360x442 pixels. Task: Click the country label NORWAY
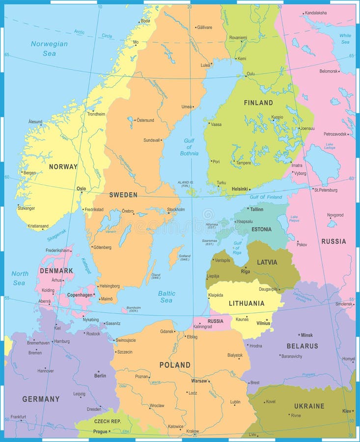tap(63, 166)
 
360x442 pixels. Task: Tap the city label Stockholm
tap(176, 210)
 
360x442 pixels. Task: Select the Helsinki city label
tap(240, 189)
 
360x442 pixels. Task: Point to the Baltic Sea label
tap(166, 297)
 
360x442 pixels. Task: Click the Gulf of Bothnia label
tap(189, 147)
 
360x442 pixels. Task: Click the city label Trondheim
tap(96, 114)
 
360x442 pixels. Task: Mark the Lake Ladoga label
tap(329, 146)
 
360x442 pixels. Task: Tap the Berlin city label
tap(100, 376)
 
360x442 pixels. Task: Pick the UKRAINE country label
tap(309, 406)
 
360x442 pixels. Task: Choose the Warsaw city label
tap(199, 381)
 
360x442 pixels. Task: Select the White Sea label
tap(345, 39)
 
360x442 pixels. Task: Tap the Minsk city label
tap(306, 335)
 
